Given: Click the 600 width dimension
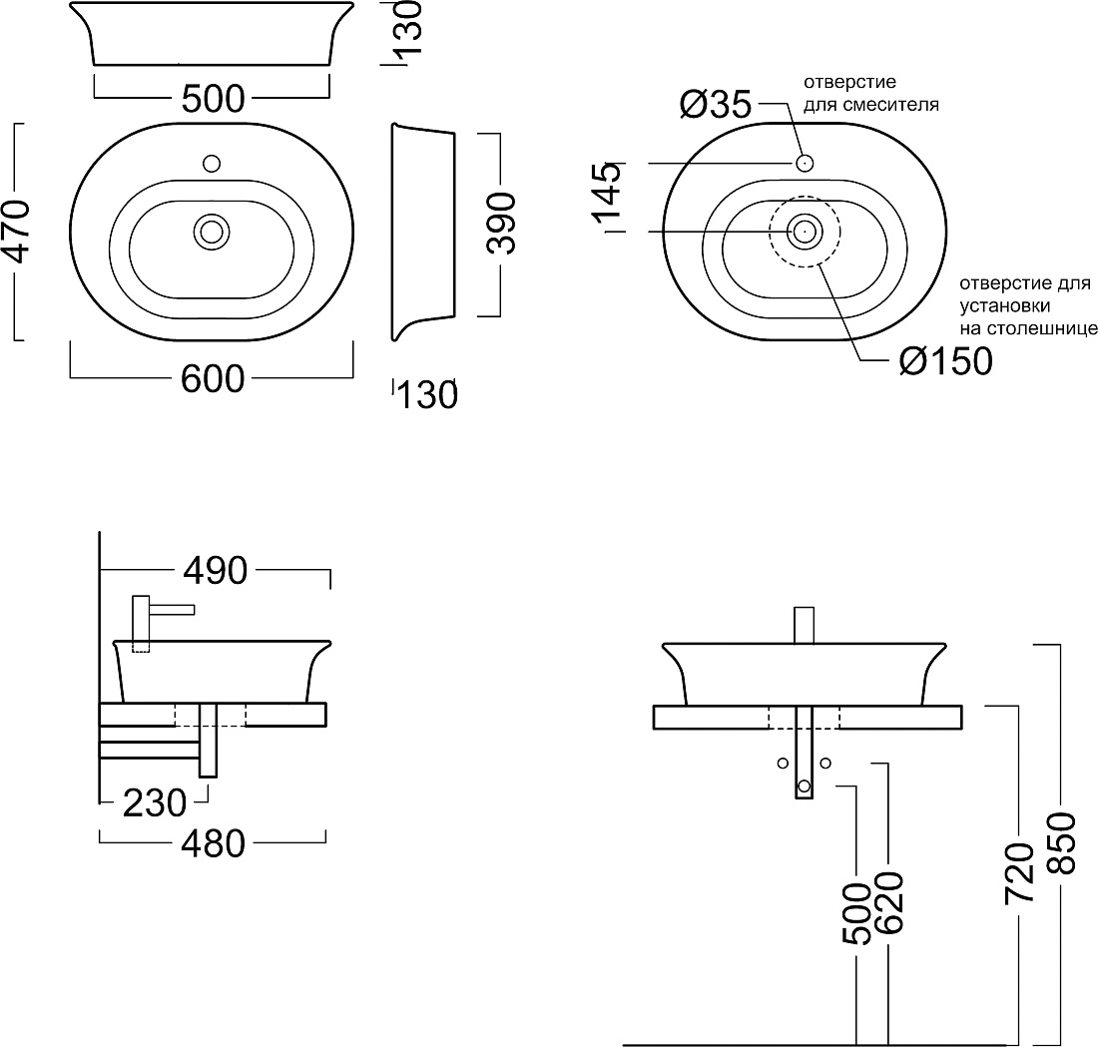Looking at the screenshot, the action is click(213, 379).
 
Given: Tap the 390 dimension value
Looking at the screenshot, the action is click(501, 225).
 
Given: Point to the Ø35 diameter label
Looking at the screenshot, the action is click(715, 105).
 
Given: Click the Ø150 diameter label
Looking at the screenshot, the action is click(946, 361).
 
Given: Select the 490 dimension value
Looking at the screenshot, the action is click(215, 571).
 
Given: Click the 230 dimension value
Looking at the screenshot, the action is click(155, 802).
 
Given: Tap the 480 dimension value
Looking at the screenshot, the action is click(213, 844).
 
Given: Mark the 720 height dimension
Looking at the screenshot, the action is click(1019, 872).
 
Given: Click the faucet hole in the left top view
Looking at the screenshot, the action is click(212, 164).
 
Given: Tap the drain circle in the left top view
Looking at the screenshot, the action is click(212, 232).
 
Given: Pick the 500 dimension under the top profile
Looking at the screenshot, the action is click(213, 99).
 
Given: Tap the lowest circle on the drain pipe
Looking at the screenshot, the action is click(804, 786).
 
